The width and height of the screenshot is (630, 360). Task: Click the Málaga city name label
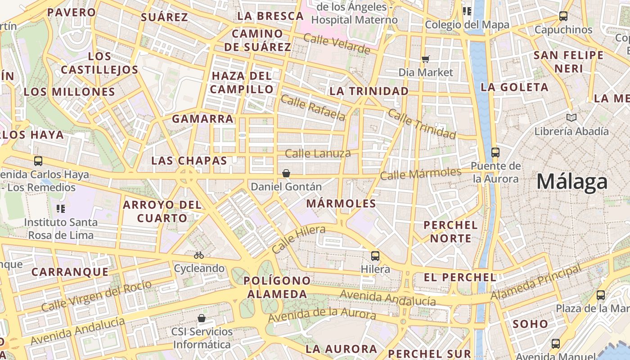pyautogui.click(x=572, y=182)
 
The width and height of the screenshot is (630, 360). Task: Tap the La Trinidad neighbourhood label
pyautogui.click(x=369, y=91)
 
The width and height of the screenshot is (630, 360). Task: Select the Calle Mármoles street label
pyautogui.click(x=421, y=173)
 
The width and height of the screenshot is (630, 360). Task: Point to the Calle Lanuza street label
pyautogui.click(x=318, y=153)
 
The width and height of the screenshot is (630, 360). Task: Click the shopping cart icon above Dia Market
pyautogui.click(x=425, y=59)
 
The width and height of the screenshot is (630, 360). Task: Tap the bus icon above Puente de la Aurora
pyautogui.click(x=495, y=153)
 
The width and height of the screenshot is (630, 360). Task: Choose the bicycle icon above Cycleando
pyautogui.click(x=199, y=255)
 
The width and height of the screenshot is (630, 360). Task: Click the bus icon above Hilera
pyautogui.click(x=375, y=256)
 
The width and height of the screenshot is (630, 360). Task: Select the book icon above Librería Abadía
pyautogui.click(x=571, y=118)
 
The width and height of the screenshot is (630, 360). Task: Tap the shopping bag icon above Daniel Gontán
pyautogui.click(x=286, y=173)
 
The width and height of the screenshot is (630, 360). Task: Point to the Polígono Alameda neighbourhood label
pyautogui.click(x=277, y=288)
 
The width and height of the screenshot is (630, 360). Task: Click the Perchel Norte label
pyautogui.click(x=450, y=231)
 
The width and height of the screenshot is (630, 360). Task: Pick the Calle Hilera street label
pyautogui.click(x=299, y=239)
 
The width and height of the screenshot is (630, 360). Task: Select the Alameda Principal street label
pyautogui.click(x=535, y=283)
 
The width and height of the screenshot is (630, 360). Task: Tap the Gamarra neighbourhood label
pyautogui.click(x=202, y=119)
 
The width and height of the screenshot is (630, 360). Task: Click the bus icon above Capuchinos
pyautogui.click(x=563, y=17)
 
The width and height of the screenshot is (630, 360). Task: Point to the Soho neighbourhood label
pyautogui.click(x=530, y=324)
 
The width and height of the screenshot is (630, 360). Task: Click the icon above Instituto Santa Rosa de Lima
pyautogui.click(x=61, y=209)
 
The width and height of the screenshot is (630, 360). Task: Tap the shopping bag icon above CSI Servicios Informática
pyautogui.click(x=202, y=319)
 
